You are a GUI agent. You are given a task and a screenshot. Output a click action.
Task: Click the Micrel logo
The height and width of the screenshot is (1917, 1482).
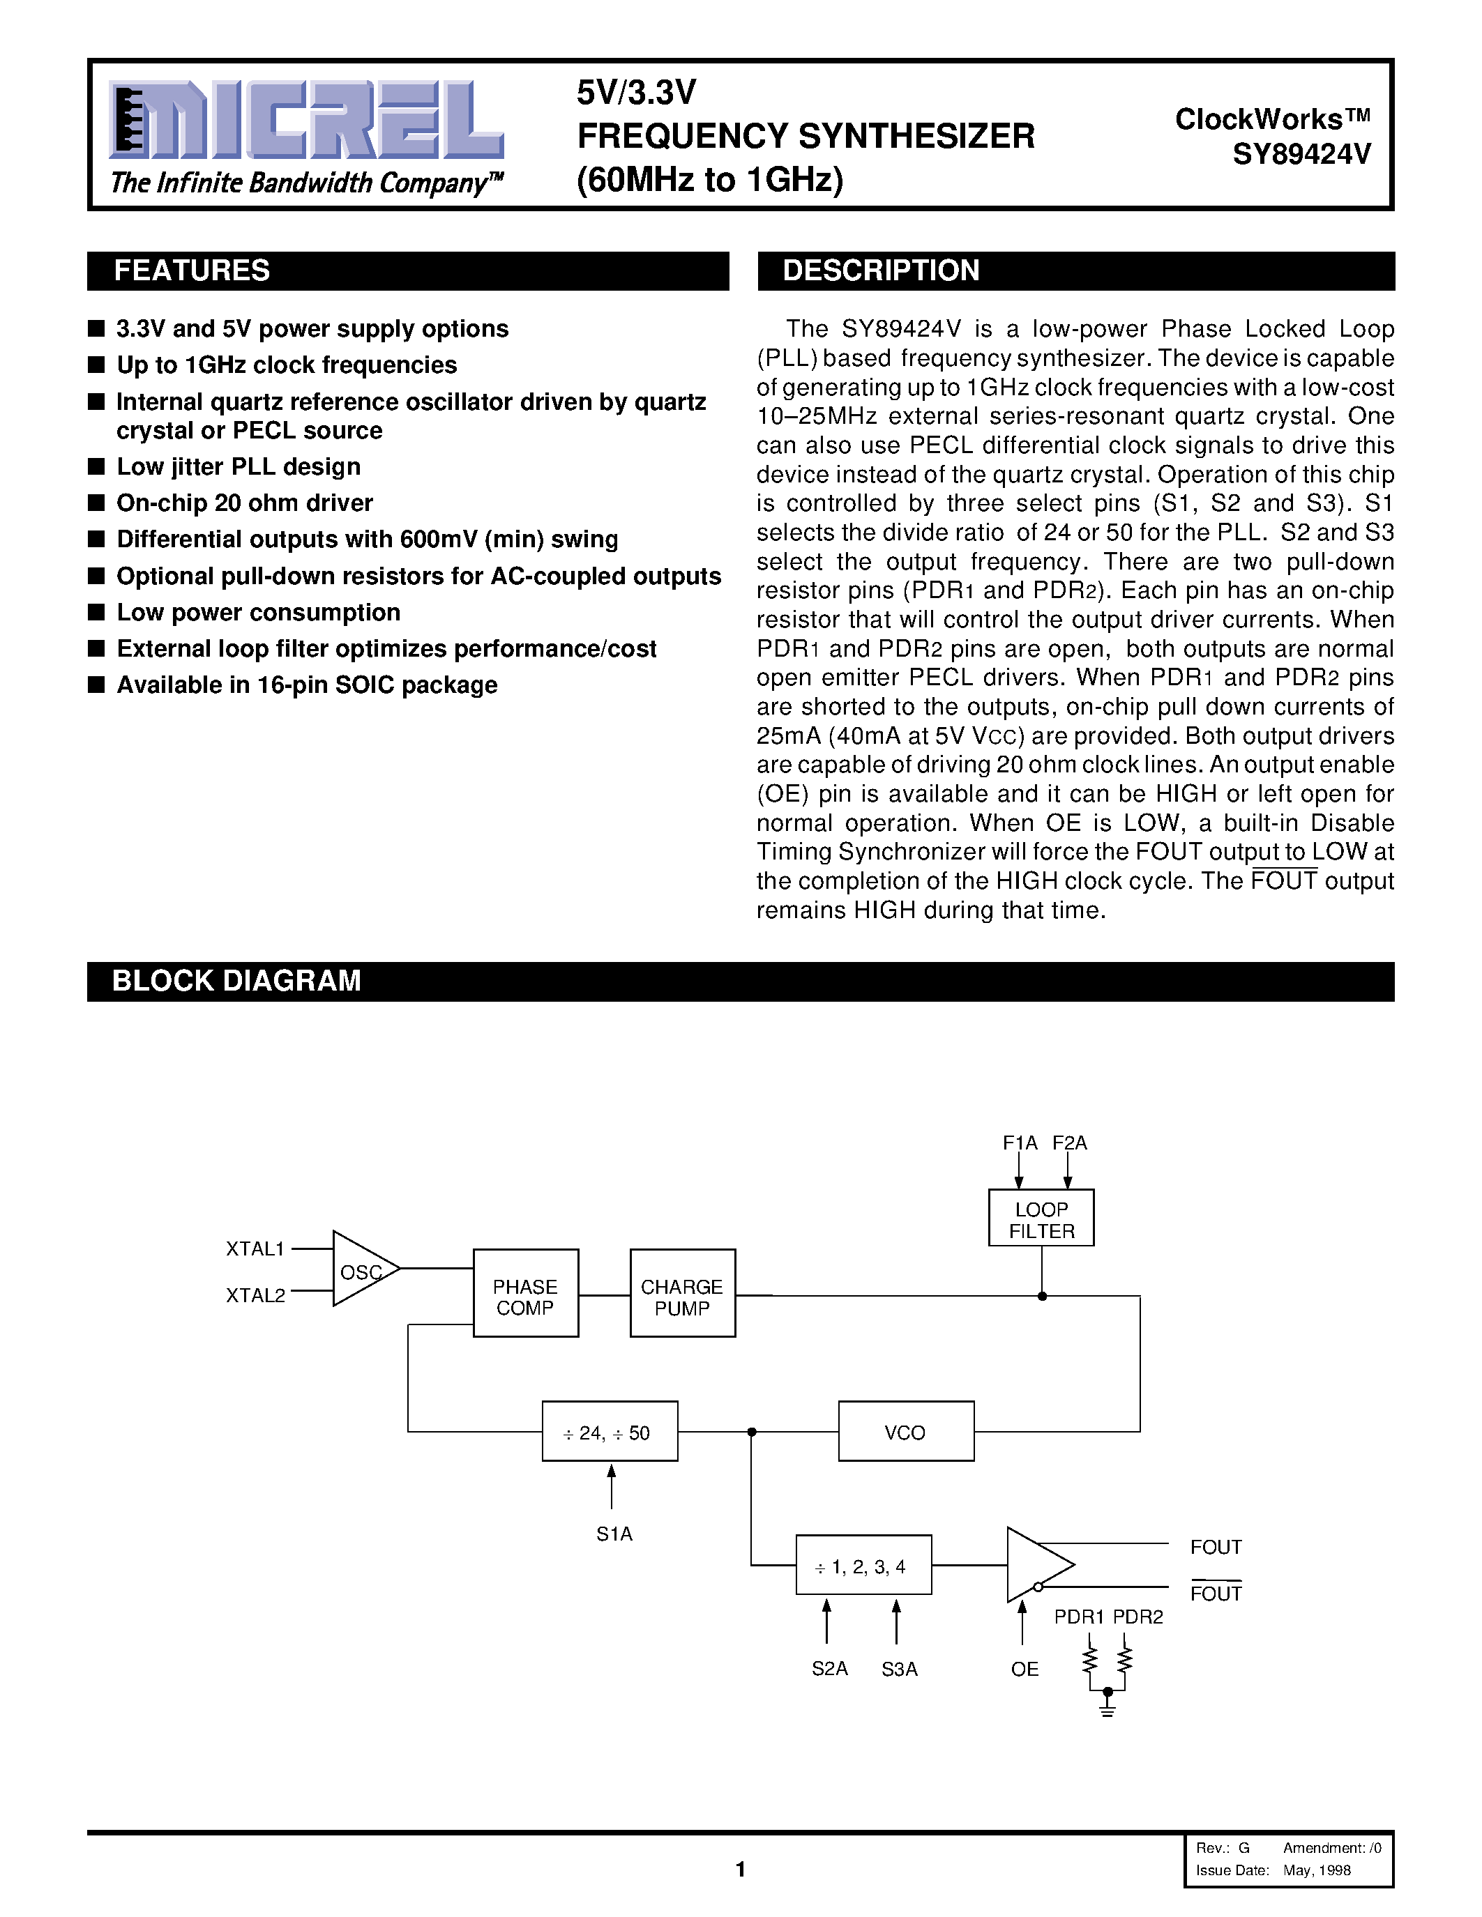[x=305, y=121]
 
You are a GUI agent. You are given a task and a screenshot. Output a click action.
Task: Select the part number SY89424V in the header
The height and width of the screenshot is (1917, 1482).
[x=1301, y=155]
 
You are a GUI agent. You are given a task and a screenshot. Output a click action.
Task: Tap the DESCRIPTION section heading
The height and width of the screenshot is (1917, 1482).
[x=881, y=270]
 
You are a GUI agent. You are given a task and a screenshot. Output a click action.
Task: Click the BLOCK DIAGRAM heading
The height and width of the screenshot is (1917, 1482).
[x=236, y=980]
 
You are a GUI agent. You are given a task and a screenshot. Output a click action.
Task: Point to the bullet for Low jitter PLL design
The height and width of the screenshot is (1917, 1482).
[x=96, y=467]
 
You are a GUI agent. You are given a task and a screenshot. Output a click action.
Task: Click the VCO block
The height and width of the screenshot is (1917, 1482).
[x=905, y=1433]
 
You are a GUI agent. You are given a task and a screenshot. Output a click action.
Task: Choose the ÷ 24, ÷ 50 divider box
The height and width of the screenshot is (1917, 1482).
[x=610, y=1433]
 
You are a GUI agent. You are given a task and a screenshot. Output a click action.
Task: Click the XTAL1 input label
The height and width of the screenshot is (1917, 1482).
[x=255, y=1248]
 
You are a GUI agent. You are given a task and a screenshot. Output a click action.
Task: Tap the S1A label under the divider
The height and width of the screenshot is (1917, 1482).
[x=614, y=1534]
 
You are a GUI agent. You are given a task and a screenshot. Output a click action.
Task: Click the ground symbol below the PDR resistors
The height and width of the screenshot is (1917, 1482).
[x=1107, y=1707]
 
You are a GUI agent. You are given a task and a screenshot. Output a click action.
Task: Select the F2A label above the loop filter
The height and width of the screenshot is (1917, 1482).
[x=1069, y=1143]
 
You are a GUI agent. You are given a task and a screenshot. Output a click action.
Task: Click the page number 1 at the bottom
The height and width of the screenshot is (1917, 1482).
[x=740, y=1869]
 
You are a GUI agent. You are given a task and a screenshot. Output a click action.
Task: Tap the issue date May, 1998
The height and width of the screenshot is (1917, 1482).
[x=1316, y=1870]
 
